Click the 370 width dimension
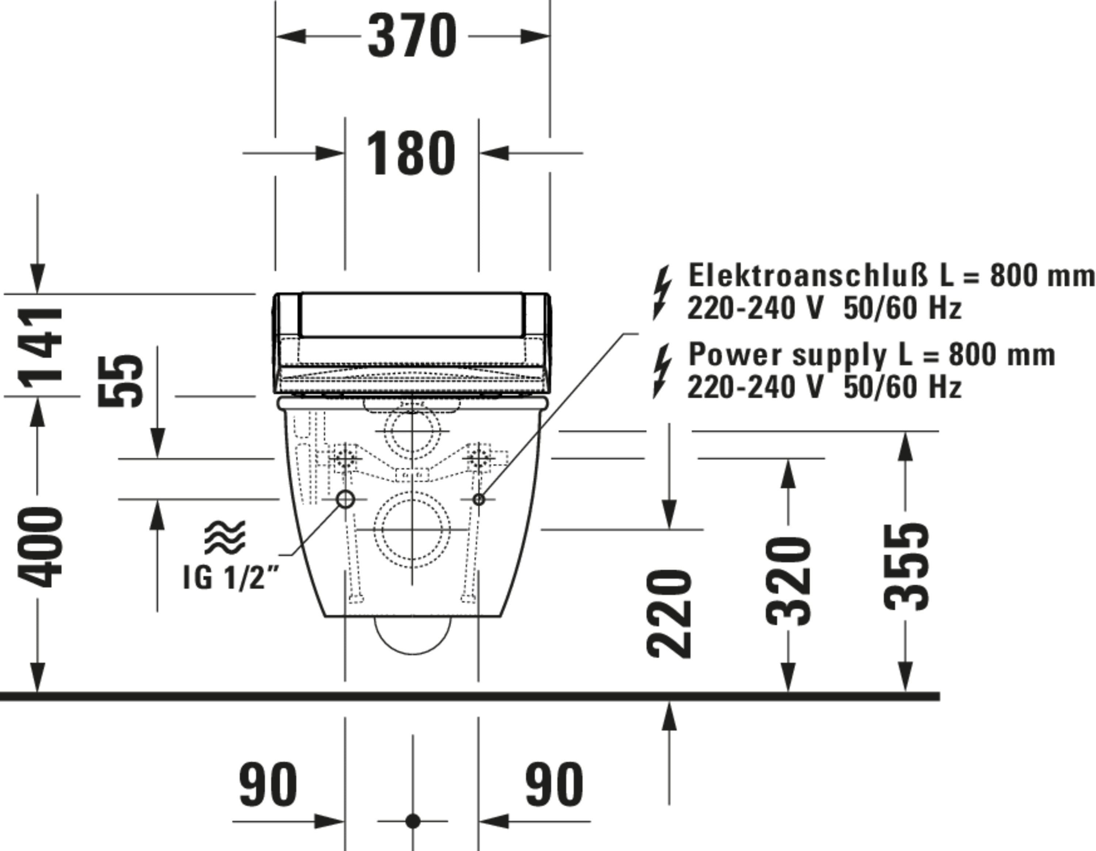[x=412, y=36]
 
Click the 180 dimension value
[x=411, y=153]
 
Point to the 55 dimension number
[x=121, y=381]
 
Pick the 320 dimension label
[x=788, y=581]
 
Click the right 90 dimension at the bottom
[x=555, y=785]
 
